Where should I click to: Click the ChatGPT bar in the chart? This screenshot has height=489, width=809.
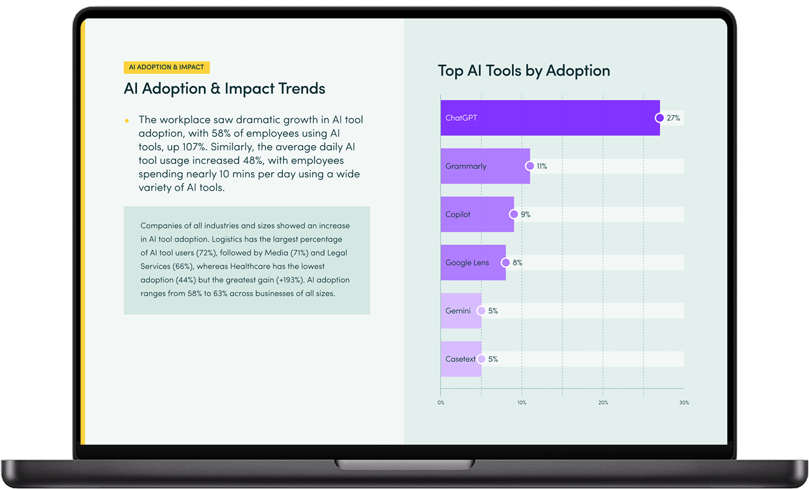550,118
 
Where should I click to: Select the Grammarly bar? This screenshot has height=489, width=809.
485,166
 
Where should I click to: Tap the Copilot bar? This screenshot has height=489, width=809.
477,214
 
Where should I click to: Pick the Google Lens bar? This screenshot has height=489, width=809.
473,262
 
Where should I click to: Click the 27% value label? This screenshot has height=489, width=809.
673,118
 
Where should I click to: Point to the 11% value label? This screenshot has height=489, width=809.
541,166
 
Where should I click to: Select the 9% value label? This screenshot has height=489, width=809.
525,215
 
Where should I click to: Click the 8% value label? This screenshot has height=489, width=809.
517,263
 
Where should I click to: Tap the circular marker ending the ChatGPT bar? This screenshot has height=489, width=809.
659,118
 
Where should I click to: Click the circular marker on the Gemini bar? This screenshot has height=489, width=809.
481,310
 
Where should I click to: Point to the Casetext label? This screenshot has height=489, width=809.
460,359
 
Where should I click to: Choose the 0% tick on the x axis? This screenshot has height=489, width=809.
441,403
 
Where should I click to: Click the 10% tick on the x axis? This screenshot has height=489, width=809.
522,403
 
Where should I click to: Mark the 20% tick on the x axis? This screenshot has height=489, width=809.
603,403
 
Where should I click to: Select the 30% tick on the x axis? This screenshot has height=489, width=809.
684,403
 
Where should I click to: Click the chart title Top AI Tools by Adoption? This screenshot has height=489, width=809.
523,71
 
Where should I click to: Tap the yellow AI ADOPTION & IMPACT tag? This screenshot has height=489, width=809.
167,67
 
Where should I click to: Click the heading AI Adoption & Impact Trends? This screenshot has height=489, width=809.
224,89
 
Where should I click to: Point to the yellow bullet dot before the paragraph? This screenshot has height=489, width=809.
127,121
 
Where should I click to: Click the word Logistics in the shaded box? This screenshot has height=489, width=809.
230,239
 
